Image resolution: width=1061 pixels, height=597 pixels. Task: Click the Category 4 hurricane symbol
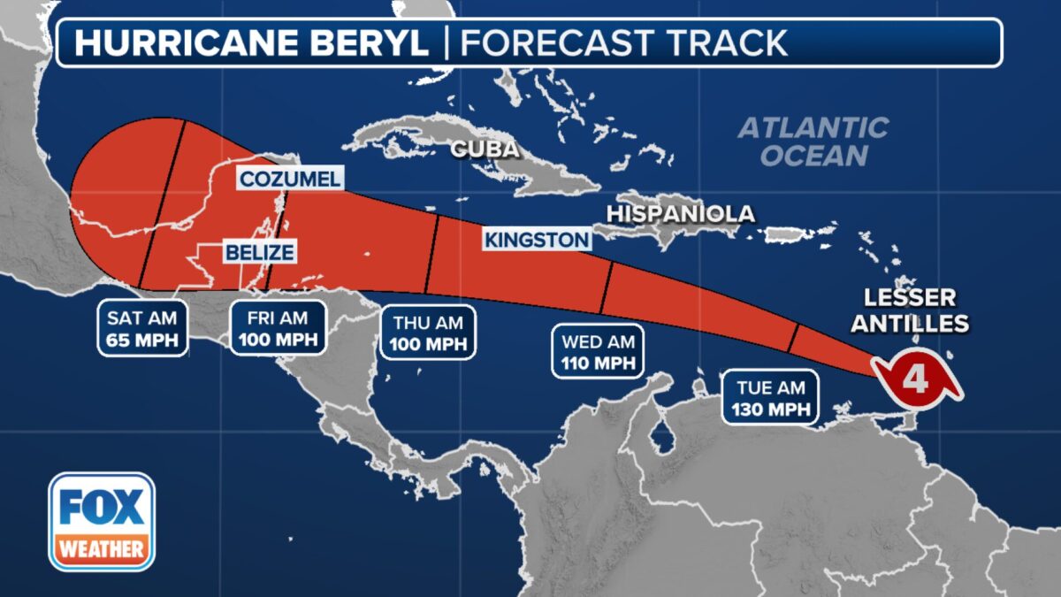point(916,382)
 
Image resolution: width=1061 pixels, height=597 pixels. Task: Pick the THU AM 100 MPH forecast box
point(428,333)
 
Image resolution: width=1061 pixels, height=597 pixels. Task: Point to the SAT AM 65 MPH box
point(142,328)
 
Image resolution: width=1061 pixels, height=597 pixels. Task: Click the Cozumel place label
point(290,180)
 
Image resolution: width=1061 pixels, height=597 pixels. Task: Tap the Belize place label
point(258,252)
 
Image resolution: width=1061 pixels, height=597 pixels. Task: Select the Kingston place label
point(536,240)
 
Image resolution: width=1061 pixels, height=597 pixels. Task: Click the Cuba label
point(485,149)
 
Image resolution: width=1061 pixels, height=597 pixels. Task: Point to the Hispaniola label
point(680,213)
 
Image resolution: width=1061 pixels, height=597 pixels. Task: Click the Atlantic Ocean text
point(813,142)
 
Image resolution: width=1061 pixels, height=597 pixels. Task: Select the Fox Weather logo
point(102,521)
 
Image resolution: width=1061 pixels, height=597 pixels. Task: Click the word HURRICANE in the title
point(179,42)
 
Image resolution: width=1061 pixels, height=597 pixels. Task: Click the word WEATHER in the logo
point(102,549)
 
